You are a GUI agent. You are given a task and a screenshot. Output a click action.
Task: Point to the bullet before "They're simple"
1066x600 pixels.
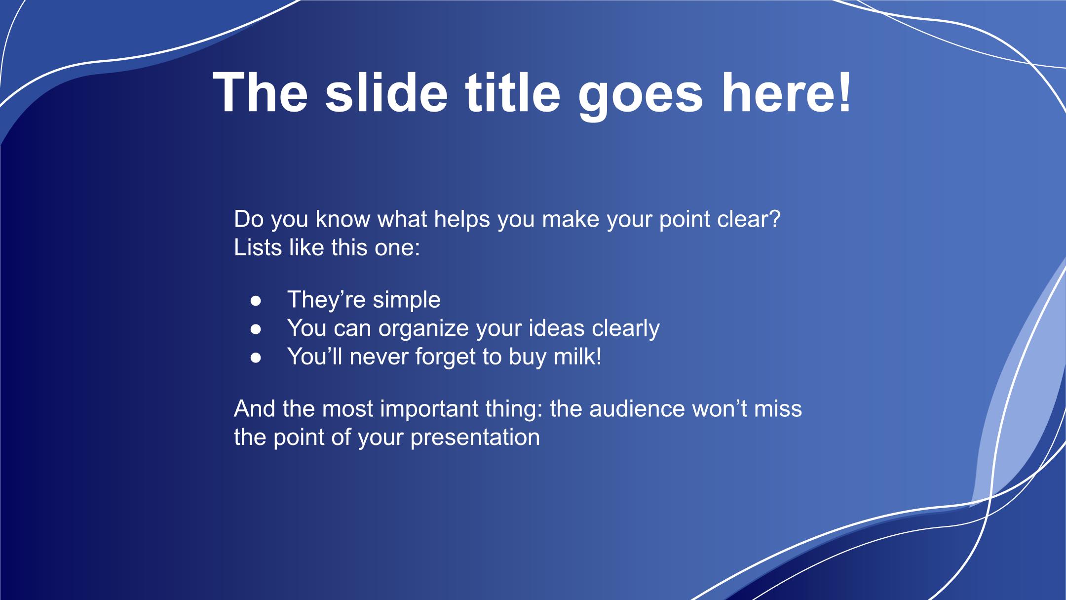click(x=256, y=300)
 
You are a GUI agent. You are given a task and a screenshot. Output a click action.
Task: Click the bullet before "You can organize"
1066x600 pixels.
click(x=256, y=329)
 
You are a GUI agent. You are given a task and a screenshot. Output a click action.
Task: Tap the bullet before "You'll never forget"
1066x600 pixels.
click(x=256, y=357)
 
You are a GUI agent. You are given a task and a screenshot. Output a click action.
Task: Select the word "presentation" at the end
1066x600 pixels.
click(x=475, y=438)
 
